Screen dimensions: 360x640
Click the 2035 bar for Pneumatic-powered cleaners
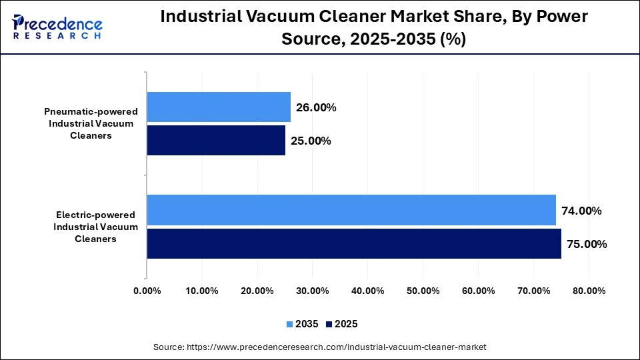click(219, 107)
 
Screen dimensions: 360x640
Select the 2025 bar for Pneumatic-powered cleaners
click(216, 140)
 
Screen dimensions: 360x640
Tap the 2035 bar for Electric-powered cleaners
click(351, 210)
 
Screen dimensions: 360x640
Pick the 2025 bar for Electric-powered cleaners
click(354, 243)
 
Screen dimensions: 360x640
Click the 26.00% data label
click(316, 107)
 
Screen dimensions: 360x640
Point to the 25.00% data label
click(311, 141)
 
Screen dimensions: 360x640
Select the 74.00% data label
click(581, 211)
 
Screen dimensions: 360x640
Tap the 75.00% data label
click(587, 244)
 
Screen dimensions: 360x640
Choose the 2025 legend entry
click(341, 324)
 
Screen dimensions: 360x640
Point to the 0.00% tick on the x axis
click(147, 291)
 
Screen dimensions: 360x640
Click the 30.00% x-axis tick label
click(312, 291)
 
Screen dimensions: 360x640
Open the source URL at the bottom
click(320, 347)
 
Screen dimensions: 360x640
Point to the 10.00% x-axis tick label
click(202, 291)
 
